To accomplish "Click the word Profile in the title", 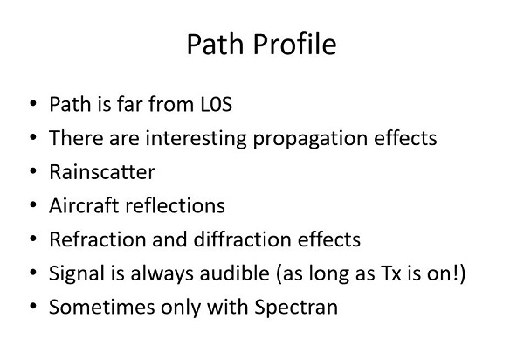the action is coord(294,45).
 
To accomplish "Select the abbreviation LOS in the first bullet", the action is coord(217,104).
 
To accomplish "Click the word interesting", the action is coord(196,138).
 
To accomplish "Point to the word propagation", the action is coord(310,139).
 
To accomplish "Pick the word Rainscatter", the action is coord(102,172).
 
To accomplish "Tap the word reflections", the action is coord(175,205).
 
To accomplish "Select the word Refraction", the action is coord(98,239).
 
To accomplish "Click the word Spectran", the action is coord(296,308).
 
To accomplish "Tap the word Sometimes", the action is coord(101,307).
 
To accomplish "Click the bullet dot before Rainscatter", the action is coord(33,171).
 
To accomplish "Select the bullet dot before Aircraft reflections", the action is coord(33,204).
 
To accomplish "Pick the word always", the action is coord(162,273).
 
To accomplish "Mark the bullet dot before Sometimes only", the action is coord(33,306).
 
